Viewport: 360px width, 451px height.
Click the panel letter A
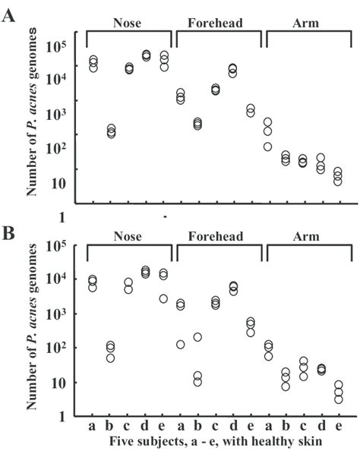(11, 15)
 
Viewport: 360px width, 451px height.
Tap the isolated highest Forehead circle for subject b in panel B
(197, 337)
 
